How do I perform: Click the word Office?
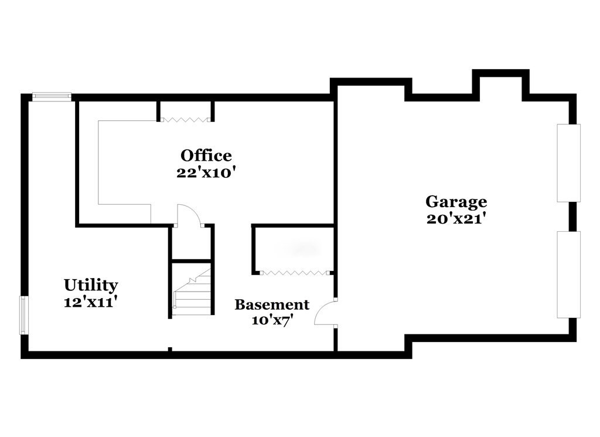(206, 155)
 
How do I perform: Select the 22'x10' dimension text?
(206, 173)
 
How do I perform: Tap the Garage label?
(456, 202)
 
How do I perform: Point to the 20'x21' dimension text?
(456, 219)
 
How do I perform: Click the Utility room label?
(91, 285)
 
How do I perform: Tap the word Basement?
(272, 304)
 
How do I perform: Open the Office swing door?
(189, 215)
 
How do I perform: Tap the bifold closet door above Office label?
(185, 119)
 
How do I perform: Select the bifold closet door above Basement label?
(294, 272)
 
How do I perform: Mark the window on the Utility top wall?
(52, 97)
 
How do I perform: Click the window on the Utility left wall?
(23, 315)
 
